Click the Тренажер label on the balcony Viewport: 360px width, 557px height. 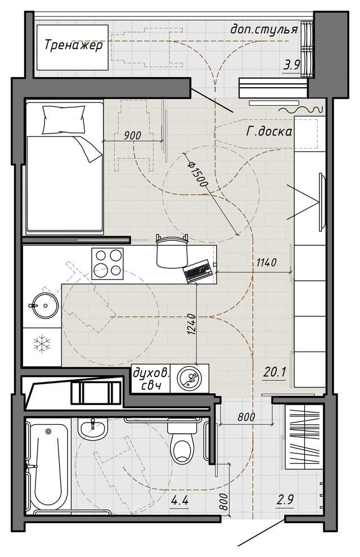(x=74, y=46)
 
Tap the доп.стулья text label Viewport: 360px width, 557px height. (x=264, y=29)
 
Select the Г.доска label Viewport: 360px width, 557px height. (x=269, y=132)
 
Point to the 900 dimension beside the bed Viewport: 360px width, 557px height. (x=132, y=136)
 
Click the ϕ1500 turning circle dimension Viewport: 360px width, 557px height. (x=197, y=174)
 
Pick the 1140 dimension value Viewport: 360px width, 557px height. (x=266, y=263)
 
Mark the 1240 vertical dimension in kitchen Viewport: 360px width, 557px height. (x=191, y=325)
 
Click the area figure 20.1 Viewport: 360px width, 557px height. (x=274, y=372)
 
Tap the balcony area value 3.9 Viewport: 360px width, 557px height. (x=292, y=65)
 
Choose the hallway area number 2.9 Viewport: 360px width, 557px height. (x=285, y=500)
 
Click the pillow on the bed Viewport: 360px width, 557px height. (x=64, y=119)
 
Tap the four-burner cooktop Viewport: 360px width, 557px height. (x=108, y=263)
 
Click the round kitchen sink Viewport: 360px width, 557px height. (x=44, y=305)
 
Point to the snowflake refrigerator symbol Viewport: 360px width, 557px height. (x=42, y=344)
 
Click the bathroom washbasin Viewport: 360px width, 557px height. (x=93, y=429)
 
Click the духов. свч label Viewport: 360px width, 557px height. (x=151, y=379)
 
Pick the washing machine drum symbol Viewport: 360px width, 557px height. (x=190, y=378)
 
